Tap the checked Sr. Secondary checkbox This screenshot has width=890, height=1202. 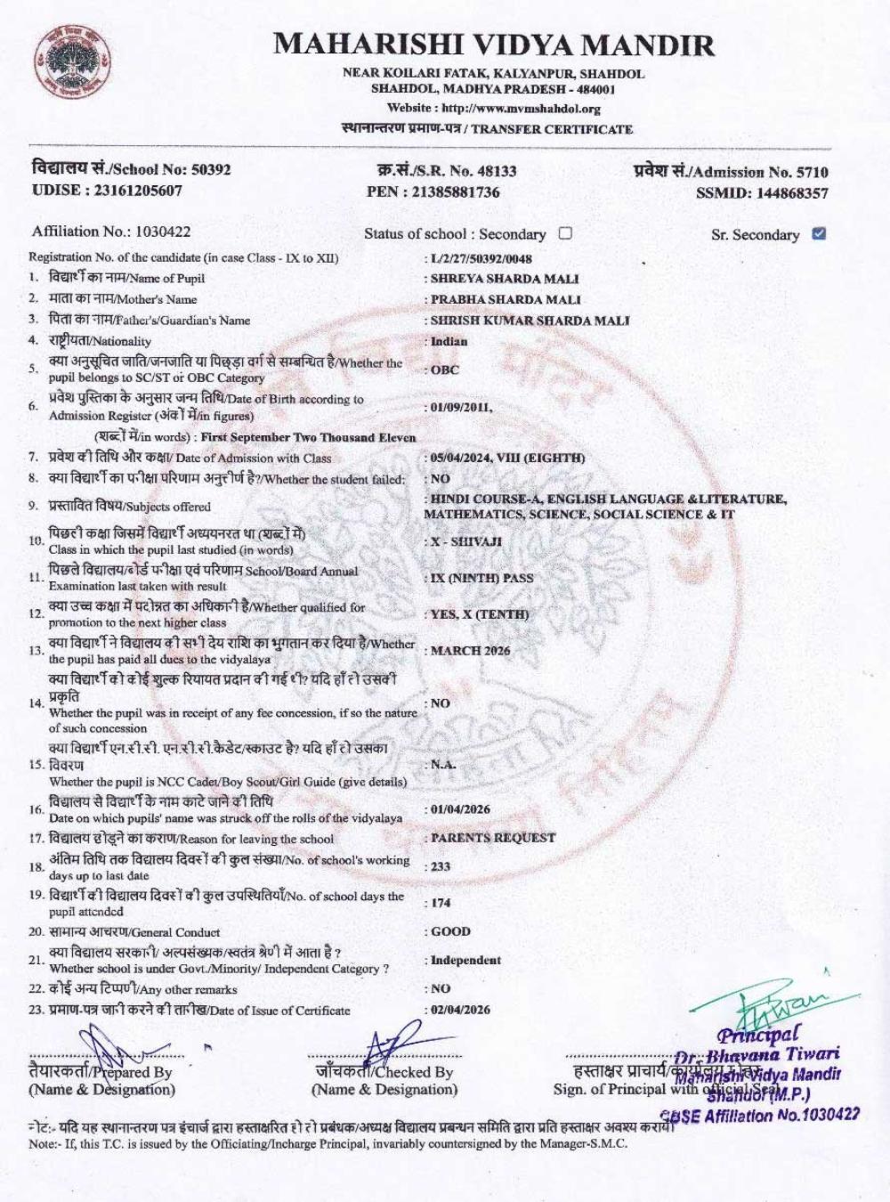click(x=819, y=234)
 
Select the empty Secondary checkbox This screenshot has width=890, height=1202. click(x=565, y=233)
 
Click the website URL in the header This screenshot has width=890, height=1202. click(x=521, y=109)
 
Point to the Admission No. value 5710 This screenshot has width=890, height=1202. click(x=812, y=172)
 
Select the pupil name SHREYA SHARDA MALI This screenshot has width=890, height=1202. click(x=505, y=278)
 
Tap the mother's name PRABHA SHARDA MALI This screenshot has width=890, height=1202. click(x=506, y=299)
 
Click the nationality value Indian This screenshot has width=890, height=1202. click(x=449, y=341)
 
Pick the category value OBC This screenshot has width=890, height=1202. click(x=445, y=370)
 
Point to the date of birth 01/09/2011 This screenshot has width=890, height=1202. click(x=460, y=407)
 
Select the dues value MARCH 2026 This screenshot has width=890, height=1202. click(x=470, y=651)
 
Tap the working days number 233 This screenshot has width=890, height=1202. click(x=441, y=866)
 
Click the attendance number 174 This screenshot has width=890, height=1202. click(x=441, y=903)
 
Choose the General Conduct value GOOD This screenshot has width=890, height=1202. click(x=450, y=931)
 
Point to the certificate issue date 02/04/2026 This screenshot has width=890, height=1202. click(x=460, y=1010)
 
